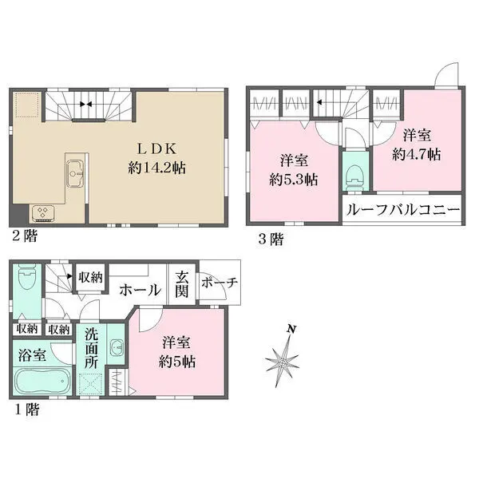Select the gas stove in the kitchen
click(x=41, y=212)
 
